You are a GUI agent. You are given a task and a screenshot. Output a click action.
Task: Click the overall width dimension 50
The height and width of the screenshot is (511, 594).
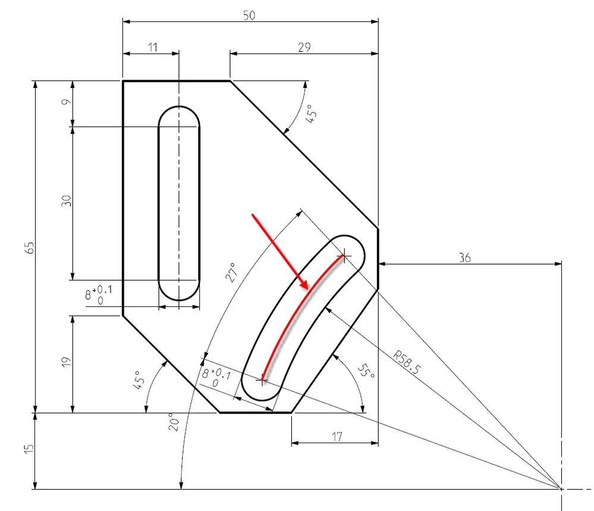(249, 16)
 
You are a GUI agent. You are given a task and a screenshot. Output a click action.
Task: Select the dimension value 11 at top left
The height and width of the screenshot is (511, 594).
(153, 48)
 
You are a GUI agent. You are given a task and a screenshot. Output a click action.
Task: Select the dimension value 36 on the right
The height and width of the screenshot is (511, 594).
(465, 258)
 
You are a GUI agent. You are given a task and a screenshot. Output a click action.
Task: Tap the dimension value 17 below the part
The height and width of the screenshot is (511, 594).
(337, 437)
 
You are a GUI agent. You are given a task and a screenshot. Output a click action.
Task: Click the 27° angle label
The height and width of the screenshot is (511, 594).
(231, 271)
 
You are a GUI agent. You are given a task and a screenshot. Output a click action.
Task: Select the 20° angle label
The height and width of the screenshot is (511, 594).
(171, 423)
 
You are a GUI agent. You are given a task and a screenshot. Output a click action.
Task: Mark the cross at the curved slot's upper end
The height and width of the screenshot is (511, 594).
(343, 256)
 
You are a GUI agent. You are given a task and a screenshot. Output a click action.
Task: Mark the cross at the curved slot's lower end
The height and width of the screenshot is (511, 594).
(262, 379)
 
